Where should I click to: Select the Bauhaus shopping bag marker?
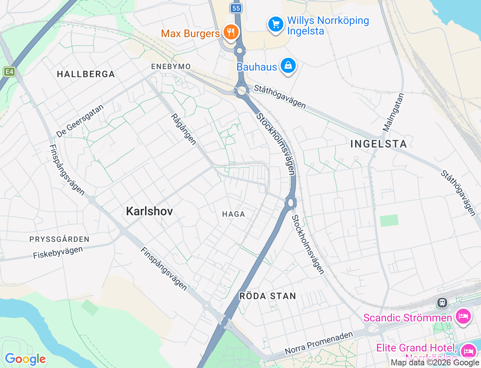(288, 66)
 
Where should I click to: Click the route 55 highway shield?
(236, 8)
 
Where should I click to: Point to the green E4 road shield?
(9, 71)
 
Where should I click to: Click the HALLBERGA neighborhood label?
(86, 74)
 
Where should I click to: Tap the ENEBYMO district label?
(171, 66)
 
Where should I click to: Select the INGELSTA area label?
(378, 144)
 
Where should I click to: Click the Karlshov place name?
(150, 211)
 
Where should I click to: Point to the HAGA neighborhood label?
(234, 214)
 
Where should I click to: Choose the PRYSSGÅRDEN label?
(59, 239)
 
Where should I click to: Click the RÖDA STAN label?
(268, 296)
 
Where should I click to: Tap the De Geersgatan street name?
(80, 121)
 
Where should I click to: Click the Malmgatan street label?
(393, 112)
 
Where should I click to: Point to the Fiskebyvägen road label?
(58, 252)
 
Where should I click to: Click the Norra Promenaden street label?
(319, 343)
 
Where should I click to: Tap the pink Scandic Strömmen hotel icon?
(463, 317)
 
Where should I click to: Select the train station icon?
(442, 302)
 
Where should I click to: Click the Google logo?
(25, 359)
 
